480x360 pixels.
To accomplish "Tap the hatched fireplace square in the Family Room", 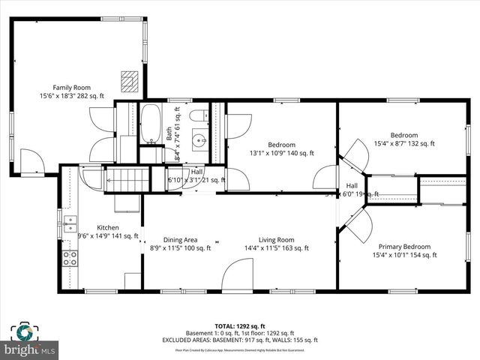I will click(x=130, y=80).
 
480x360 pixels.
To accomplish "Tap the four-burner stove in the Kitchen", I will click(x=70, y=259).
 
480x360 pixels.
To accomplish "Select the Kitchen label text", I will click(x=108, y=227).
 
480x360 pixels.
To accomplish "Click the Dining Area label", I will click(x=179, y=239).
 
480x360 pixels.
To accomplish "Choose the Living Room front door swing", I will click(x=239, y=275).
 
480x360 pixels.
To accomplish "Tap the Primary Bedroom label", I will click(x=404, y=246).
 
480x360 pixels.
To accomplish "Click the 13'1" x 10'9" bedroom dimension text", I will click(x=281, y=153).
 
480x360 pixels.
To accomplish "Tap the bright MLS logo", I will click(x=30, y=349).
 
